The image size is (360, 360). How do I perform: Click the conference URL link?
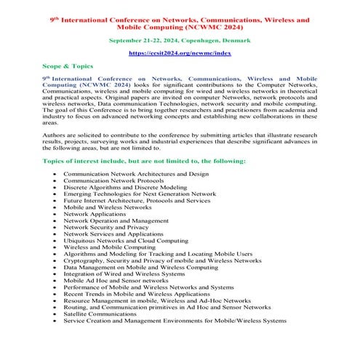click(x=180, y=53)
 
